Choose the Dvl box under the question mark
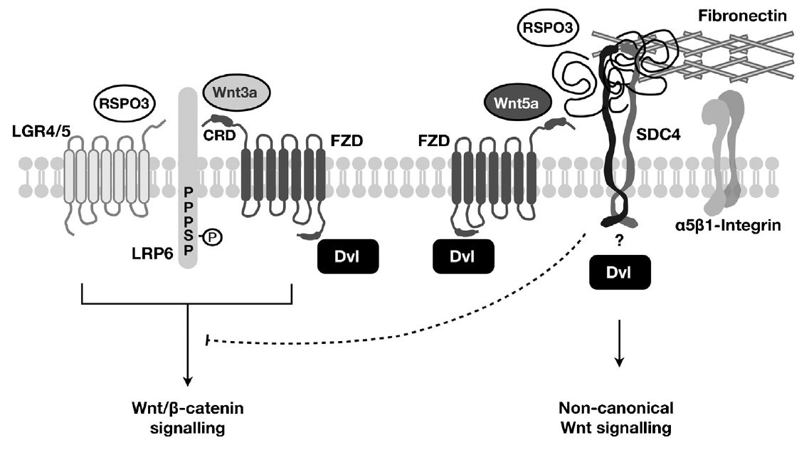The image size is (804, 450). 618,271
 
